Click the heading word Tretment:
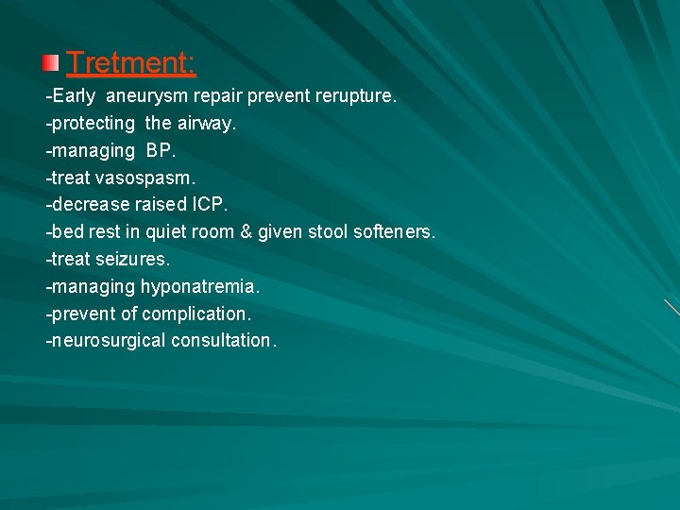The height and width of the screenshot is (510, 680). coord(131,63)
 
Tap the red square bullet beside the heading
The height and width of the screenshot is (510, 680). coord(50,64)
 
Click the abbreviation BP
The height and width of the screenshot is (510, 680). coord(161,151)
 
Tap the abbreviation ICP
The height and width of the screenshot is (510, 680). coord(209,205)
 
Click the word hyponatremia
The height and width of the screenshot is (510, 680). coord(200,286)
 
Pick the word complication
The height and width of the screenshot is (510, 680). coord(196,314)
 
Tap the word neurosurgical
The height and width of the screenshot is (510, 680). coord(109,341)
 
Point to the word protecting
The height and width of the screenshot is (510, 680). coord(91,124)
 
